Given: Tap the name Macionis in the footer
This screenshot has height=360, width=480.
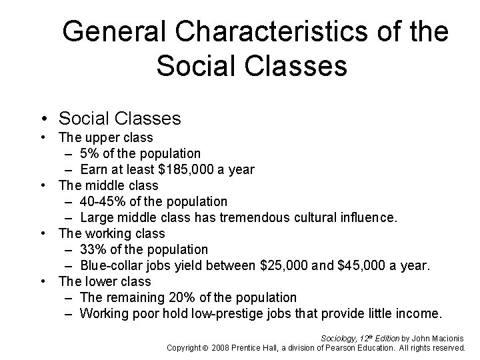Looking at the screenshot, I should pos(448,338).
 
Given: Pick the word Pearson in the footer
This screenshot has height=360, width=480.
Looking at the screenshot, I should pos(336,347).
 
